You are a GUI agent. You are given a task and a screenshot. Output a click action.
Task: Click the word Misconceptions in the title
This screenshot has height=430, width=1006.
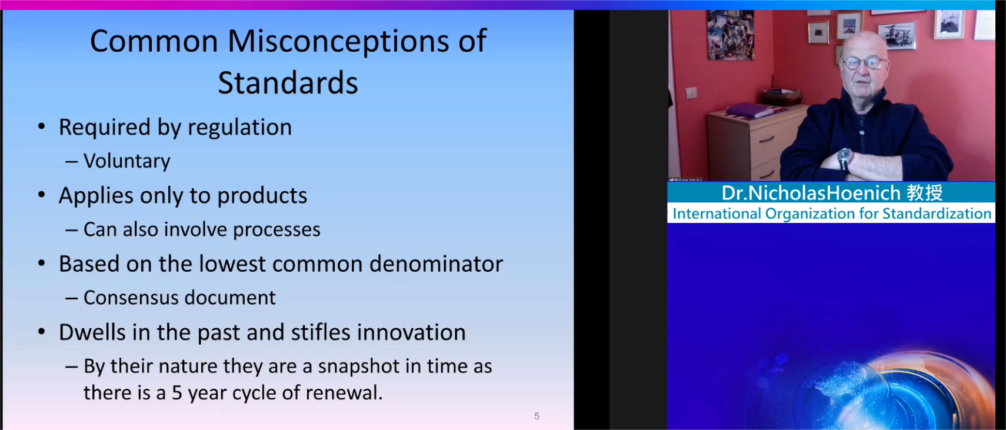[339, 41]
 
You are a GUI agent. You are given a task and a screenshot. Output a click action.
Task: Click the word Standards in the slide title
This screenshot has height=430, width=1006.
[288, 83]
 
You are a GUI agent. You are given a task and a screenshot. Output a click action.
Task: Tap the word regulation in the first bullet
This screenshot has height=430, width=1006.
[239, 128]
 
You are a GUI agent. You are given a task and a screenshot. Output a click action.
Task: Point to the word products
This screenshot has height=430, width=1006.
[262, 196]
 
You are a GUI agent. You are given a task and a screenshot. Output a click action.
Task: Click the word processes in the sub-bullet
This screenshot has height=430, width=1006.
[277, 230]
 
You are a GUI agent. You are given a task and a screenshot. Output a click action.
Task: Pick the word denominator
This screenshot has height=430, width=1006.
[436, 264]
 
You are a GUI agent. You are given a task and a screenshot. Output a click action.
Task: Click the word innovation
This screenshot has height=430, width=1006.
[411, 332]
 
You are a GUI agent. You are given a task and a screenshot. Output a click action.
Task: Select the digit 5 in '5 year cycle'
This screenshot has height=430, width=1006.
[177, 393]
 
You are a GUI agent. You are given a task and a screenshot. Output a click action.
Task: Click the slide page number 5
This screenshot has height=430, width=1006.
[537, 416]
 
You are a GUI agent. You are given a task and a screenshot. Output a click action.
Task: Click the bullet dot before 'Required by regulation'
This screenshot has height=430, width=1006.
[42, 127]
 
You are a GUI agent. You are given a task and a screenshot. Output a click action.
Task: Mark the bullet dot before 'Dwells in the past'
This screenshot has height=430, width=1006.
[42, 332]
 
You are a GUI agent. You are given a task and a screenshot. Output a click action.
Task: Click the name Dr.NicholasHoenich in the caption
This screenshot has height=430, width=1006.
[811, 194]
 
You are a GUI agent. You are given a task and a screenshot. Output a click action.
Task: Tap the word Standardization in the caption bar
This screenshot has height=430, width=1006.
[937, 214]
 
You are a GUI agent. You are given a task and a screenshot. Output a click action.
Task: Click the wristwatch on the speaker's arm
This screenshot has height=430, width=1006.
[844, 157]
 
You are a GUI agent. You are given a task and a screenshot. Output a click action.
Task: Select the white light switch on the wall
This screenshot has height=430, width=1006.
[691, 93]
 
